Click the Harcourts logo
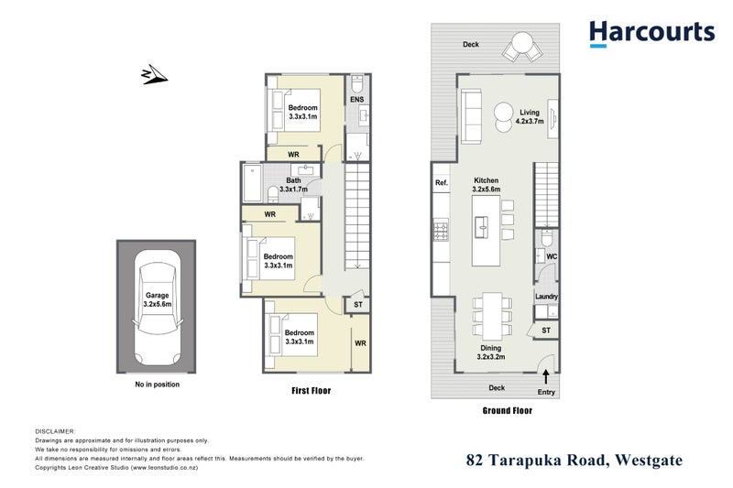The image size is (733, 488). (651, 33)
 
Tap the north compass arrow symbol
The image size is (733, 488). (152, 74)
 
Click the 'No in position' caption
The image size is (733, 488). (157, 385)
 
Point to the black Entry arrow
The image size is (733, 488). (547, 374)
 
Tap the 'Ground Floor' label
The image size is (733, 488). (507, 411)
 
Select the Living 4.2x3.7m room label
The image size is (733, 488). (530, 116)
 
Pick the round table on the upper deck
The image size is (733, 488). (522, 41)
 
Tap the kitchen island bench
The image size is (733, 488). (486, 229)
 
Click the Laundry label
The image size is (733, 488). (547, 297)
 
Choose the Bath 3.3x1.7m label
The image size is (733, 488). (293, 185)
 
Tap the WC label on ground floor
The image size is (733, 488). (552, 257)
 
